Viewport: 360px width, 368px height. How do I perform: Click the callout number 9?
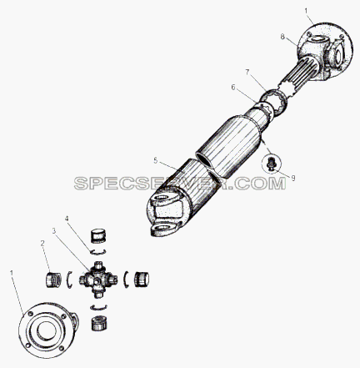pos(293,178)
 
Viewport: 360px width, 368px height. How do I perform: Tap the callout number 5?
pos(156,160)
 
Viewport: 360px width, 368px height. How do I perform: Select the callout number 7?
pos(247,73)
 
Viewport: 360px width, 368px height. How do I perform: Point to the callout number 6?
pos(233,88)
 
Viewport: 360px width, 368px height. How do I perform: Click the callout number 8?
pos(282,37)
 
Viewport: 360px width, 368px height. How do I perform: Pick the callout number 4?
pos(67,219)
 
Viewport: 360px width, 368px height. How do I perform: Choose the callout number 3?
pos(54,230)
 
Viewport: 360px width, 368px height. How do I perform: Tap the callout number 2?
pos(42,244)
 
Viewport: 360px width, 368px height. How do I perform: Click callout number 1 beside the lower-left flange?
pos(12,273)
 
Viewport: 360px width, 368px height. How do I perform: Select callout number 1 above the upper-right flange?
pos(306,11)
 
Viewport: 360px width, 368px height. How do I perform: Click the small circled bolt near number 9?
pos(270,164)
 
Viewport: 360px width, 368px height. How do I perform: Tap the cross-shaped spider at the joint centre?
pos(97,280)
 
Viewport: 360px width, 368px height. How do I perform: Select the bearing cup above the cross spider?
pos(98,236)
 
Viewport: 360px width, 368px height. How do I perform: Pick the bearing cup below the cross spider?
pos(99,323)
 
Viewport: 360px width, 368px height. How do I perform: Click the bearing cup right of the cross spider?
pos(142,280)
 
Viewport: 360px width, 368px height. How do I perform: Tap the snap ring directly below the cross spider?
pos(98,307)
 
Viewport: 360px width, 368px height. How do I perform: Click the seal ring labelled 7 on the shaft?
pos(274,102)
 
